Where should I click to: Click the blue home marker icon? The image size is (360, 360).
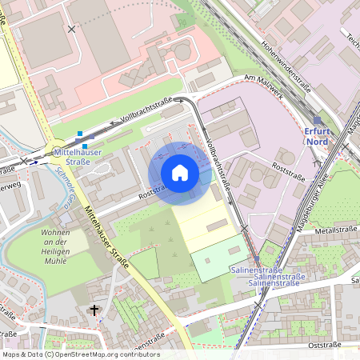tap(180, 173)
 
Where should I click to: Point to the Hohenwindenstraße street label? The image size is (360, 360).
tap(286, 62)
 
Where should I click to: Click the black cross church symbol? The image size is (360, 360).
tap(94, 310)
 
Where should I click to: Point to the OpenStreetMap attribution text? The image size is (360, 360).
tap(80, 354)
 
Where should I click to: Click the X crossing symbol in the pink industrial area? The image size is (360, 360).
tap(73, 29)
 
